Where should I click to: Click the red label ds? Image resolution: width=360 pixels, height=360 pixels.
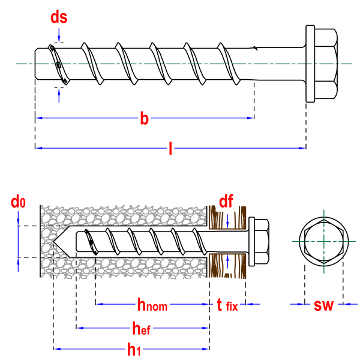(58, 17)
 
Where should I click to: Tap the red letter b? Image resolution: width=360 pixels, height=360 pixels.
(144, 118)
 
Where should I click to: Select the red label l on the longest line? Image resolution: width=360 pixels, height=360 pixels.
(170, 148)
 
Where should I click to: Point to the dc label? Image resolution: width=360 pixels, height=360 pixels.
(18, 202)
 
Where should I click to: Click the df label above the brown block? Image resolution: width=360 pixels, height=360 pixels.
(226, 201)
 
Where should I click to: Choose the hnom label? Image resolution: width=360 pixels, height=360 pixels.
(152, 305)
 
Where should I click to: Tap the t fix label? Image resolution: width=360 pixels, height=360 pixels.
(227, 305)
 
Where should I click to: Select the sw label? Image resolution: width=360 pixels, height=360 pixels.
(323, 305)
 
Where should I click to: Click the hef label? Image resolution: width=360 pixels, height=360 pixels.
(142, 328)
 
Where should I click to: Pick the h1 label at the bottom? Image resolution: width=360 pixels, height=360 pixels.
(133, 349)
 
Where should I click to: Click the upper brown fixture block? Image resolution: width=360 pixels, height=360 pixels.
(227, 217)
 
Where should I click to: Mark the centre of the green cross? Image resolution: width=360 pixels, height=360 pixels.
(323, 241)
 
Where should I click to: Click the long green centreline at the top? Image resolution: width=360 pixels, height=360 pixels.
(180, 63)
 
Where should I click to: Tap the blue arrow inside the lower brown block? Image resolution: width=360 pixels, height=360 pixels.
(227, 262)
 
